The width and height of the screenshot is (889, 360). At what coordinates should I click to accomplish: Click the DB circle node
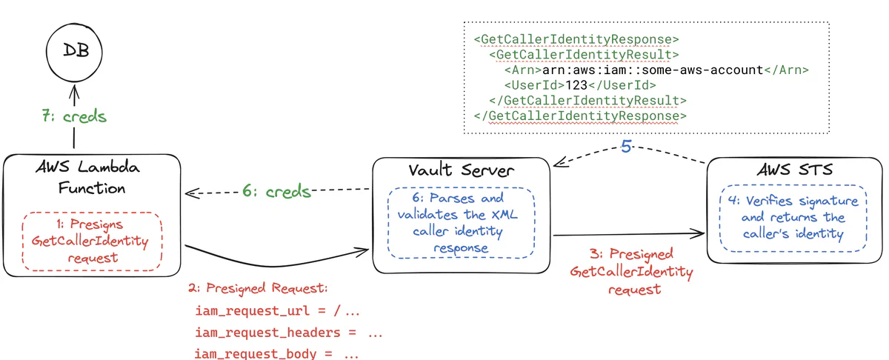click(x=73, y=51)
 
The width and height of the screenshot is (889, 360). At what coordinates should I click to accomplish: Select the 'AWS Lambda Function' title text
click(x=92, y=178)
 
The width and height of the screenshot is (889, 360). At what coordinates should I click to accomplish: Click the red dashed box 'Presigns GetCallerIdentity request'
click(x=90, y=240)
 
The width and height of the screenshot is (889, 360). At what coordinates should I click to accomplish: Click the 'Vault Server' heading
click(x=461, y=170)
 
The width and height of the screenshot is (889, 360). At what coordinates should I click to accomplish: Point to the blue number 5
click(x=626, y=147)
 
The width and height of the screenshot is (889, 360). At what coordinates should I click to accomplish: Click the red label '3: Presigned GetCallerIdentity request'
click(x=632, y=271)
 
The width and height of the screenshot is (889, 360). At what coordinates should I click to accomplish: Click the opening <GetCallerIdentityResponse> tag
click(x=576, y=39)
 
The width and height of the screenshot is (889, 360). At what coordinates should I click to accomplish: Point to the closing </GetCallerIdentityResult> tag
click(x=587, y=100)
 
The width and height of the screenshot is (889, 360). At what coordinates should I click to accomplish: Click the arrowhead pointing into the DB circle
click(x=73, y=90)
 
